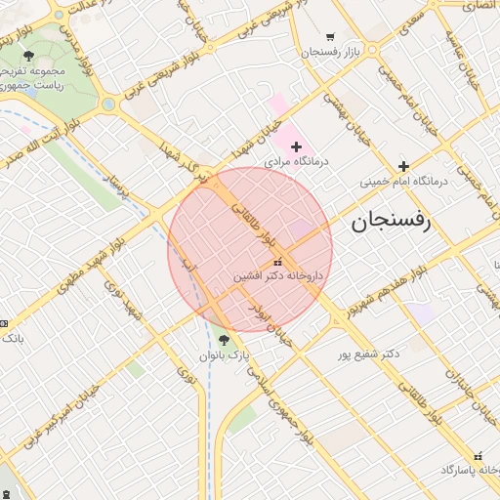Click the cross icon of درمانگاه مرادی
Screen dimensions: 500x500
tap(297, 146)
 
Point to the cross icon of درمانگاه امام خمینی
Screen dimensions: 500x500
tap(402, 166)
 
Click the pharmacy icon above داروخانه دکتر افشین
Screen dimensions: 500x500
tap(278, 262)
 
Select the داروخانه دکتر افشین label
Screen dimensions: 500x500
tap(277, 277)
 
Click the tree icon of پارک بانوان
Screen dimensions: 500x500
tap(224, 341)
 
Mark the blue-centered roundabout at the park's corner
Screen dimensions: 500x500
tap(107, 104)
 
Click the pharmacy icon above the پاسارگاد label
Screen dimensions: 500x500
tap(478, 455)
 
